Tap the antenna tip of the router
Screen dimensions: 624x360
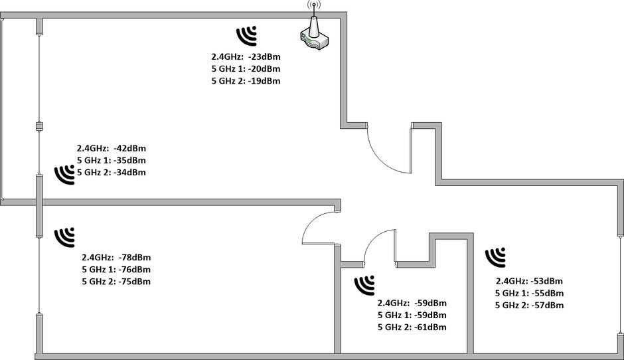314,5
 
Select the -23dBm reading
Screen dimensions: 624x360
264,56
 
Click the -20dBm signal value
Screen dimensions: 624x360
264,68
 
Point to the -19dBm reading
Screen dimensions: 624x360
264,81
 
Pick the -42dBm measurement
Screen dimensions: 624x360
129,148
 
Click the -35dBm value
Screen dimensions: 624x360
129,161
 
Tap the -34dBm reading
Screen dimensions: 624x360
129,173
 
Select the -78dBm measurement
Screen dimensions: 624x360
135,257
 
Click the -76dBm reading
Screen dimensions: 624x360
135,270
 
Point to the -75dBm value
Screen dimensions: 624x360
135,282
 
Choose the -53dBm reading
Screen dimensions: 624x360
547,281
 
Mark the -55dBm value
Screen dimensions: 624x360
548,294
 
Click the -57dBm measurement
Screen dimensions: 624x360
548,306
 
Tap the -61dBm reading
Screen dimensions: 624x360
430,327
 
